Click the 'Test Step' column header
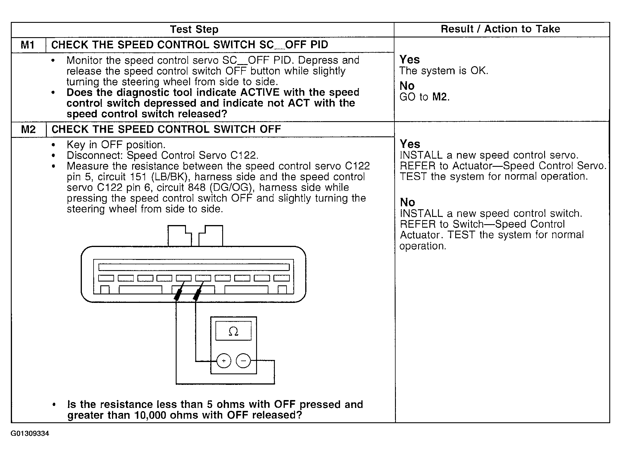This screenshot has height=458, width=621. [194, 29]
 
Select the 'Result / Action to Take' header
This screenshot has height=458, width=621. [500, 29]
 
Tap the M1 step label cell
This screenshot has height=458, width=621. [28, 45]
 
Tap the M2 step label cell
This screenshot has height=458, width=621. [28, 129]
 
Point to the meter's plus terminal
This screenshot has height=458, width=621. [224, 361]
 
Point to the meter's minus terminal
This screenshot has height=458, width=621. [243, 361]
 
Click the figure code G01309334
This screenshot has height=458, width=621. [30, 433]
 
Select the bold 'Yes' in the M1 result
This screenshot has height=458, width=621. [409, 60]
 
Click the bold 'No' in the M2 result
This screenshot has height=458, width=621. [408, 202]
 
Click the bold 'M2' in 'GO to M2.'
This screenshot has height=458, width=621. [440, 97]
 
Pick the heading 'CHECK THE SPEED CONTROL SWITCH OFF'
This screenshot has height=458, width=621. [166, 129]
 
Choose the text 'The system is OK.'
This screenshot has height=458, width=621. [444, 71]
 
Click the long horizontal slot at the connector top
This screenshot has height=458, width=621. [194, 267]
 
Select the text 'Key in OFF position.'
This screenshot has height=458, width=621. [116, 145]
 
